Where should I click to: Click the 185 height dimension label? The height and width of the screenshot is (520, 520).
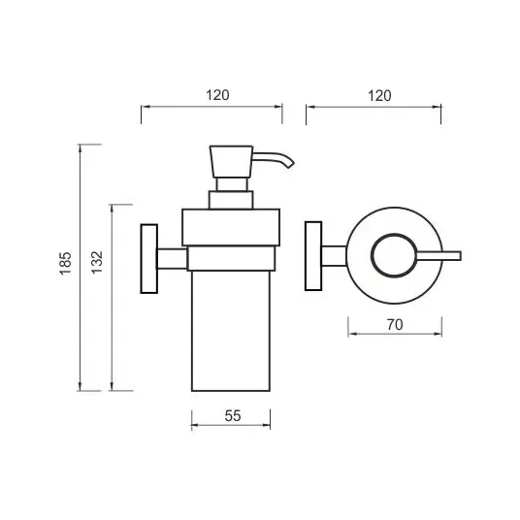(x=66, y=263)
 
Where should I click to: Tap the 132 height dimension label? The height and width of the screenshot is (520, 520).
(x=97, y=262)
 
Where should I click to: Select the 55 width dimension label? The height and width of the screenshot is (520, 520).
(x=233, y=416)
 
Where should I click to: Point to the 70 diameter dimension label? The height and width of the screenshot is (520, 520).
(x=395, y=325)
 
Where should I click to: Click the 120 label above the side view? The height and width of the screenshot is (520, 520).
(x=217, y=95)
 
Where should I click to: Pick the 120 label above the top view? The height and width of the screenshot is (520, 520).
(x=379, y=96)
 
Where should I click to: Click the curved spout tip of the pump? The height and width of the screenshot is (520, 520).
(x=290, y=164)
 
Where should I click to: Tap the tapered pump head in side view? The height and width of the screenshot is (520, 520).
(x=231, y=161)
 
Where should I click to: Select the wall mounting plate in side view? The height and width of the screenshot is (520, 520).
(x=148, y=259)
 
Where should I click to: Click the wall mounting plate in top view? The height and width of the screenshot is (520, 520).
(x=313, y=256)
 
